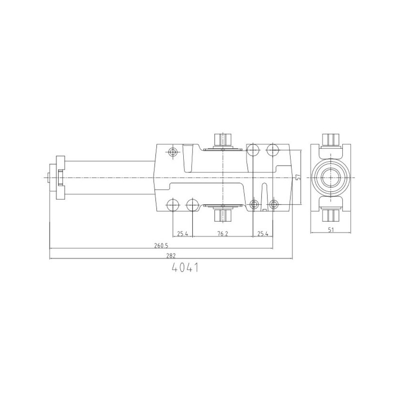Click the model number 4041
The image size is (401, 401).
[185, 268]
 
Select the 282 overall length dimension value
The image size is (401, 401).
[171, 255]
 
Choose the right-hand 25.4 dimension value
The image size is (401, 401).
[262, 234]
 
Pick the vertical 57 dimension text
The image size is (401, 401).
[297, 177]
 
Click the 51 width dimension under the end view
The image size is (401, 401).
[331, 230]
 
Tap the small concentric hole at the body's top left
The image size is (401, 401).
[173, 152]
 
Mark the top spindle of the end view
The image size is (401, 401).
[331, 140]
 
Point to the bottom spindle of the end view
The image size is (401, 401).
[331, 215]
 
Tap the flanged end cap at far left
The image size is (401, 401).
[56, 177]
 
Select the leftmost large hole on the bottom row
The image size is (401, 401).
[173, 205]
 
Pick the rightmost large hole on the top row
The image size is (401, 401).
[273, 150]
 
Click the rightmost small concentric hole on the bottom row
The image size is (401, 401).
[273, 204]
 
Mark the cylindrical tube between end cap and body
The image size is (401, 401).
[108, 177]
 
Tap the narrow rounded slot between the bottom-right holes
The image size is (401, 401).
[264, 194]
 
